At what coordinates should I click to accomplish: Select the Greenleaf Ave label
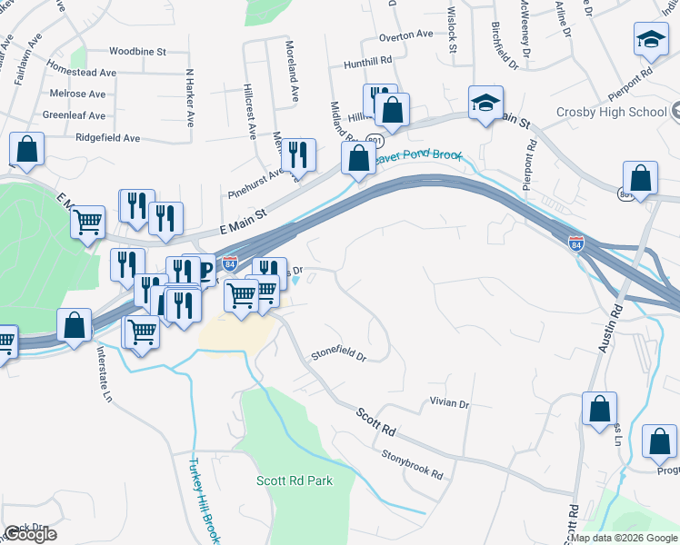click(x=74, y=116)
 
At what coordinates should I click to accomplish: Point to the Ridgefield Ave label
click(x=108, y=138)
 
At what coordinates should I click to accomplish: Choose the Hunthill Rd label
click(x=367, y=64)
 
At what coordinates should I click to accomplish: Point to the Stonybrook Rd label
click(x=412, y=463)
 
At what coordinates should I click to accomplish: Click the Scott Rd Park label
click(x=294, y=481)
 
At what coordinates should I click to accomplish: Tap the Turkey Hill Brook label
click(x=204, y=498)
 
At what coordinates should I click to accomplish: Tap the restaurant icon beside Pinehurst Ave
click(x=298, y=155)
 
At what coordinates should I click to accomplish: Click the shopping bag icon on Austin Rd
click(x=600, y=409)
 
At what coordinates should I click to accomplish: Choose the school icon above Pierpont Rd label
click(x=650, y=40)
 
